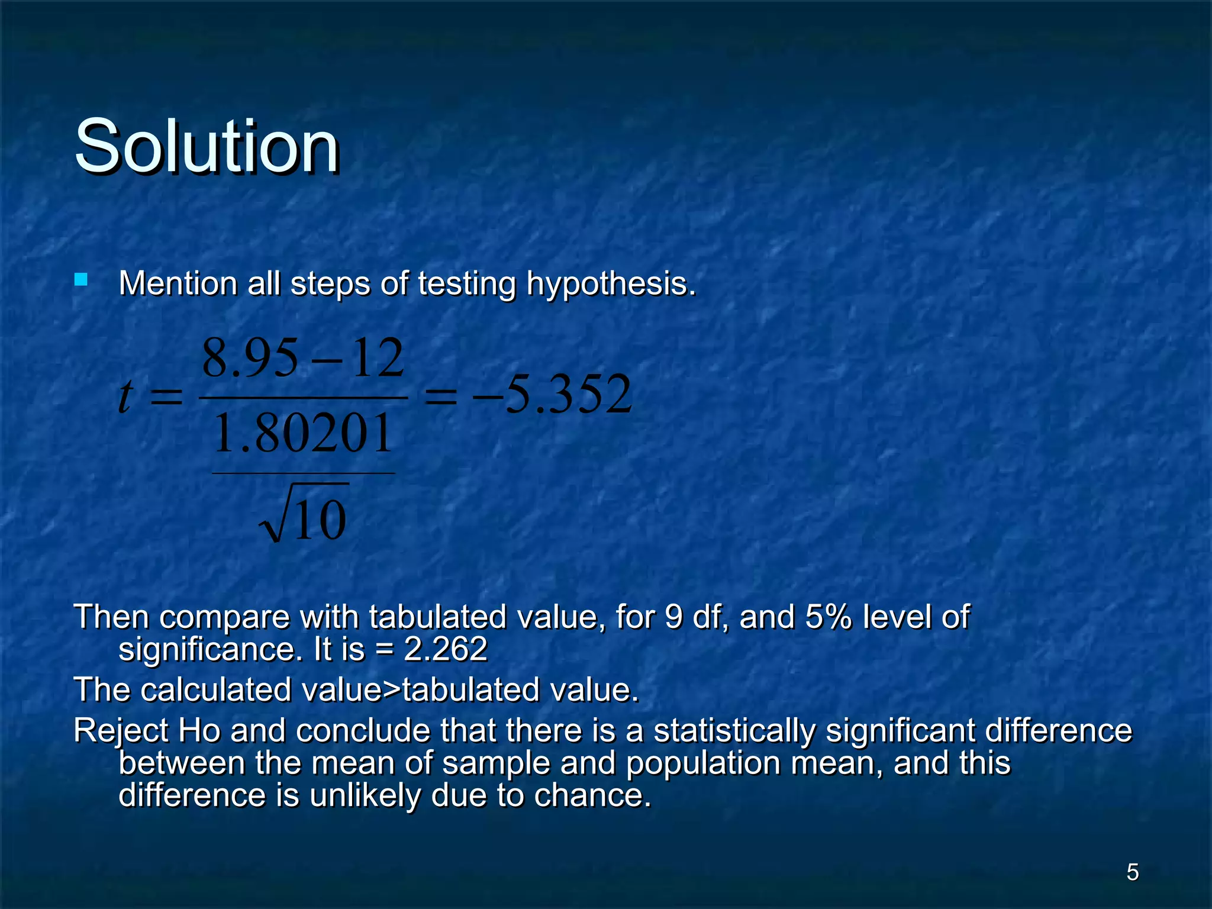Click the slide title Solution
pos(207,146)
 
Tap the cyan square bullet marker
pos(81,279)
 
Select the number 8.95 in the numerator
pos(250,359)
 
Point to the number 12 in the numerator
pos(378,359)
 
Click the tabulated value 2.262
pos(445,649)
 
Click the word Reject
pos(121,730)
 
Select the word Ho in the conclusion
pos(199,730)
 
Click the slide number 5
pos(1132,872)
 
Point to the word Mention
pos(178,283)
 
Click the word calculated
pos(216,690)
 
